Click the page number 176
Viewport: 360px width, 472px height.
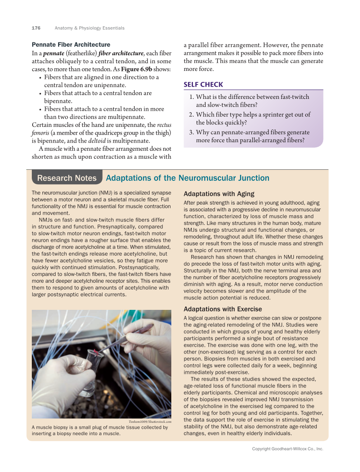pos(36,28)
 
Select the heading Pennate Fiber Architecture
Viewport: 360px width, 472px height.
pos(71,45)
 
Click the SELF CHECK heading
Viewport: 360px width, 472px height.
pos(203,84)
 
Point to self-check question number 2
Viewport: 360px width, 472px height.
pos(192,115)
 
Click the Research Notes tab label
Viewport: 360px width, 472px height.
pos(67,178)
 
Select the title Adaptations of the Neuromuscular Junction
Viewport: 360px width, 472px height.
pos(187,178)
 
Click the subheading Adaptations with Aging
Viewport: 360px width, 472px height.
pos(219,194)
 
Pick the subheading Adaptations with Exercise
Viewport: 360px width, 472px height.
pos(223,309)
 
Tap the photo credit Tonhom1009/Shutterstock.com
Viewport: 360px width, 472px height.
pos(149,421)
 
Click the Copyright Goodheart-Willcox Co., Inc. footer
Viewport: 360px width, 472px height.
pos(287,449)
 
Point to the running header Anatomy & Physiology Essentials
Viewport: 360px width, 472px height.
pos(89,28)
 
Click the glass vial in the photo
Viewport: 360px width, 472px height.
pos(94,360)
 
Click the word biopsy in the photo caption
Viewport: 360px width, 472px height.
pos(64,427)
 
